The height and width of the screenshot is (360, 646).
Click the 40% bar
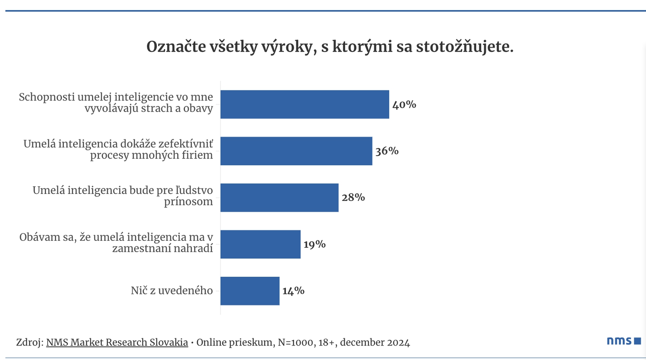304,104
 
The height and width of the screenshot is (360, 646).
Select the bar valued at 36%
296,151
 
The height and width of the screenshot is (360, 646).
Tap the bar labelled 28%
279,198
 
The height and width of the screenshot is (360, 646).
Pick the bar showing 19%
260,244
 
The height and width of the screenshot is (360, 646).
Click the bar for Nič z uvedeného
250,291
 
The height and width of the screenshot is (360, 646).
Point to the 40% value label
404,105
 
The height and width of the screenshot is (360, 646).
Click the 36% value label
387,151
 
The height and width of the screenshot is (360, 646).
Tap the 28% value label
353,198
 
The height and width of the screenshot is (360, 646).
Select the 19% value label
315,244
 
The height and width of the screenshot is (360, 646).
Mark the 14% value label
293,291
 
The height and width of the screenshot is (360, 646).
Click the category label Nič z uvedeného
172,291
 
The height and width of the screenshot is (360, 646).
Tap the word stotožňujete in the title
464,47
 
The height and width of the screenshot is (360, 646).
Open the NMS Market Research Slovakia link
117,342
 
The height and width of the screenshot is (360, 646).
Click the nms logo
624,341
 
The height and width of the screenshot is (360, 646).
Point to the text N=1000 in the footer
295,343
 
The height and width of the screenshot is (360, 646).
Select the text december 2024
375,343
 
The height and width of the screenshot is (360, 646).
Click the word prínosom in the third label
188,202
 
